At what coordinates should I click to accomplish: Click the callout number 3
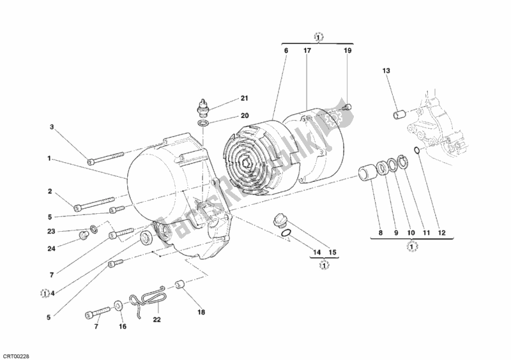(x=52, y=127)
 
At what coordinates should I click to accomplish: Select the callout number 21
(x=243, y=98)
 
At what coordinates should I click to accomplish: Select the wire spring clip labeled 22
(x=146, y=299)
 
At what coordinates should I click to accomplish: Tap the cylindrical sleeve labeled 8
(x=368, y=174)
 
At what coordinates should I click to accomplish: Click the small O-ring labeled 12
(x=416, y=151)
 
